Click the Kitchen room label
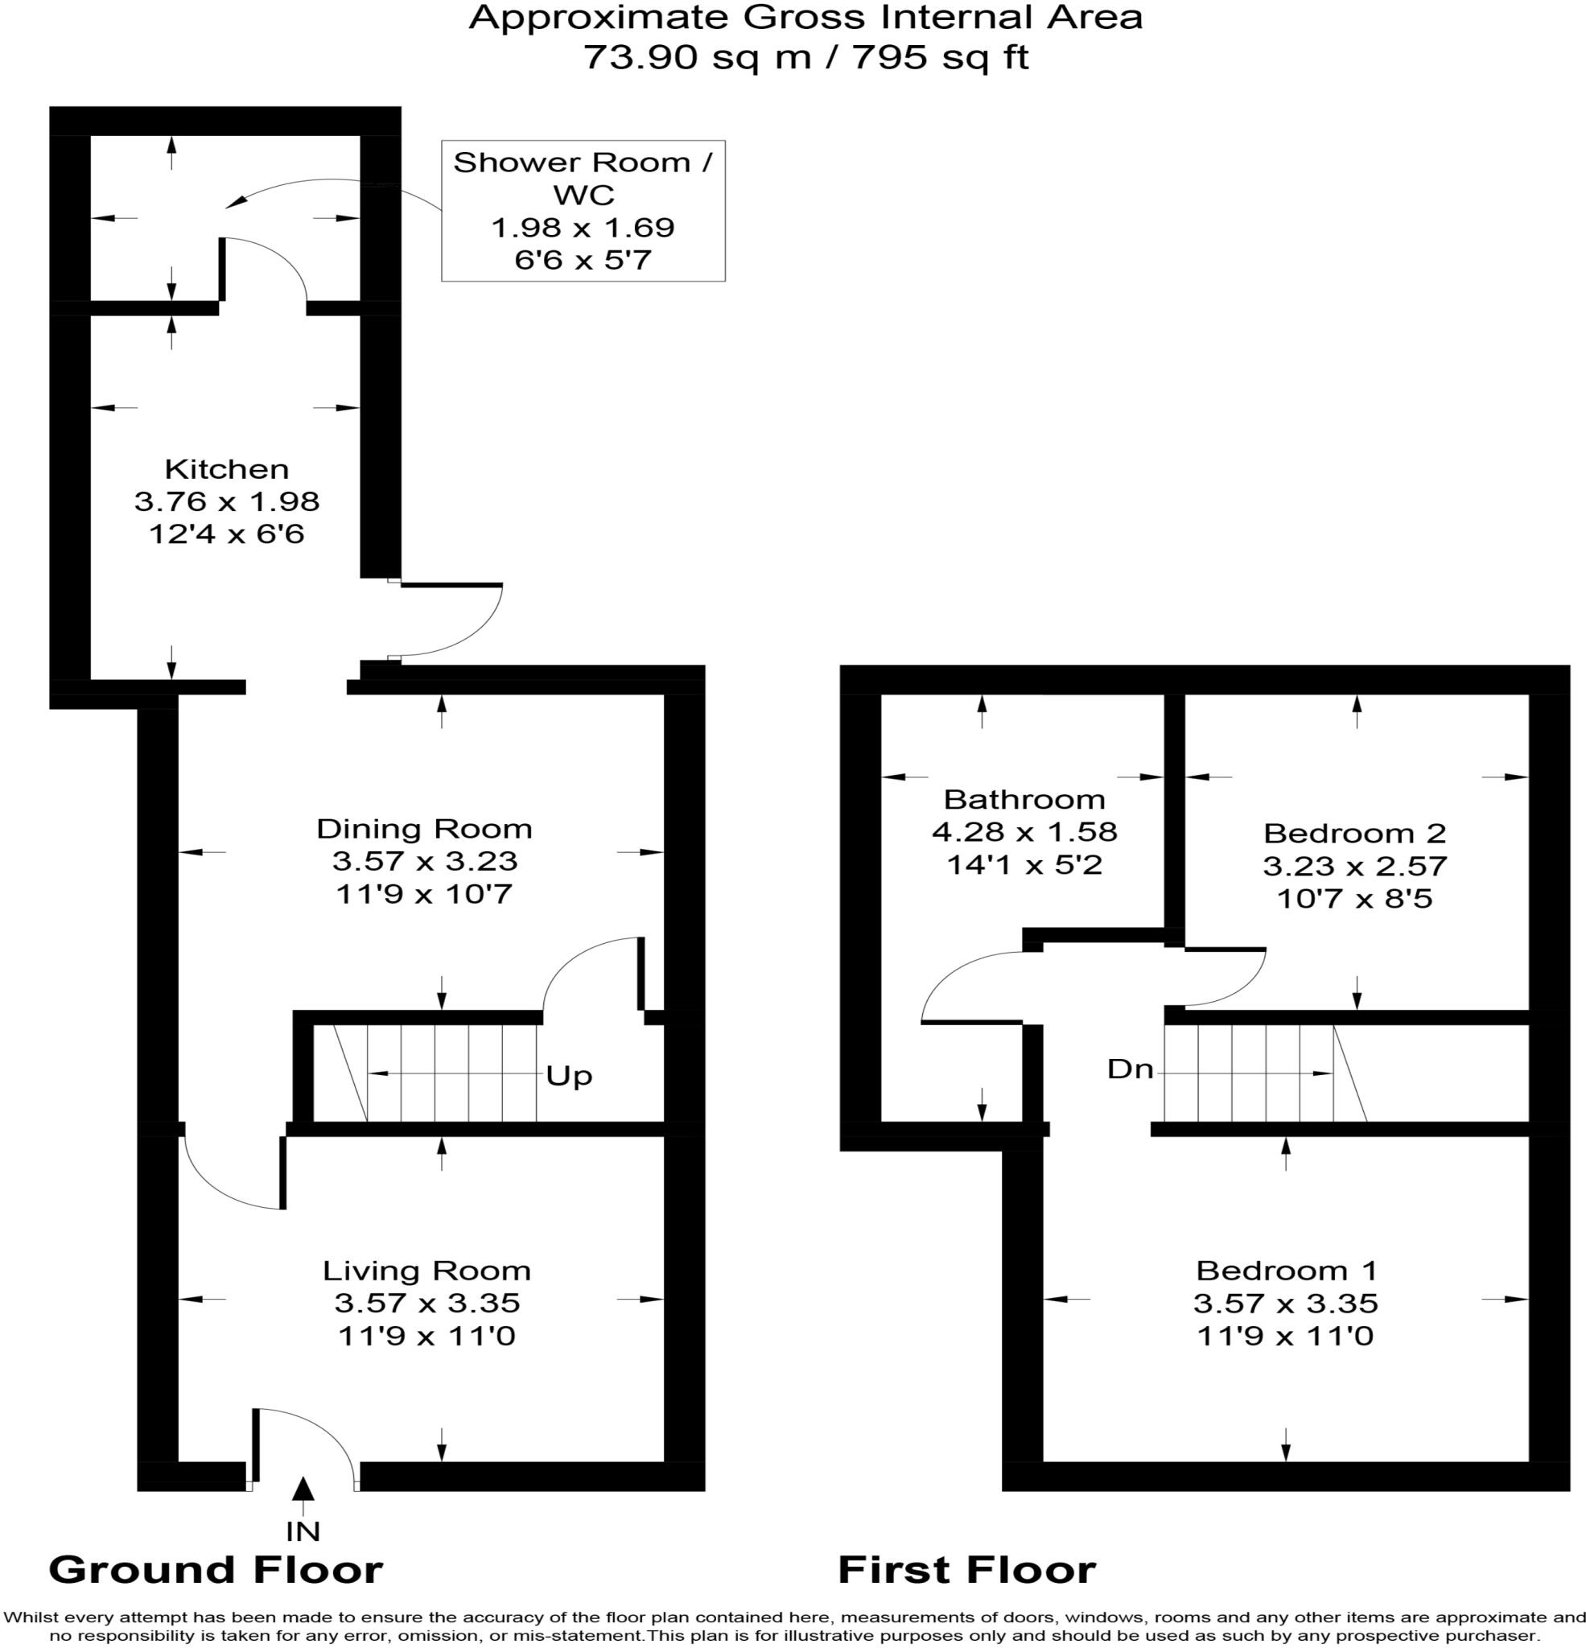pos(226,468)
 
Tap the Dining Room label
pos(425,829)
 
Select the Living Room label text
pos(427,1271)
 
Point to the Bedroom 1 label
pos(1285,1270)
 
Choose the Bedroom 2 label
pos(1355,833)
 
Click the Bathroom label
pos(1024,799)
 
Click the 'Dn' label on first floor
pos(1131,1069)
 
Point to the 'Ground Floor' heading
pos(216,1570)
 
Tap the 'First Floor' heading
pos(967,1570)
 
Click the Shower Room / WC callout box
pos(583,210)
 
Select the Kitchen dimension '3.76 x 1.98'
pos(227,501)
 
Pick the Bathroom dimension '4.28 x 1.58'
pos(1024,831)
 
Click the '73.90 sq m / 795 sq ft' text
pos(806,58)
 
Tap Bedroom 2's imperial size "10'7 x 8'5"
pos(1355,899)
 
